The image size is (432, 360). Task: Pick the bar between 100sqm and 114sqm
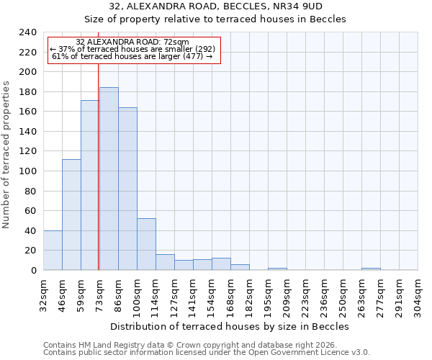146,244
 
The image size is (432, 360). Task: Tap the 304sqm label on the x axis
418,293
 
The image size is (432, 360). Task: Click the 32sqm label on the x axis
43,293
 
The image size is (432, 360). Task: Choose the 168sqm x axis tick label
230,293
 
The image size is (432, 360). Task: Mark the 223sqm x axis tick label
305,293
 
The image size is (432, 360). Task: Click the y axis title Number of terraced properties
7,155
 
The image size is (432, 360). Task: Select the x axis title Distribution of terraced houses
230,326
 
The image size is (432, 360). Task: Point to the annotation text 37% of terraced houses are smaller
132,49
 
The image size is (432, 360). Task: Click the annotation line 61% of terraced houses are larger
132,56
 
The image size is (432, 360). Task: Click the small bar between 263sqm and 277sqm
371,269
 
